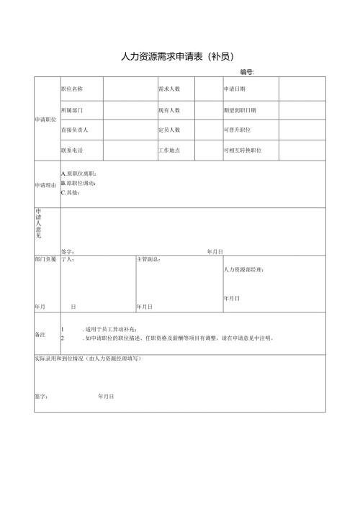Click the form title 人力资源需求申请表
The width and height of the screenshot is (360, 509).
(x=179, y=56)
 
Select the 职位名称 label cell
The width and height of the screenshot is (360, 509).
(x=72, y=89)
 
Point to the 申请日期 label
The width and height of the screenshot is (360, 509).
(x=235, y=89)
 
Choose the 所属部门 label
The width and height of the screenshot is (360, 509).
(x=72, y=110)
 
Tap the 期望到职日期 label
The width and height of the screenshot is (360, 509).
(x=240, y=110)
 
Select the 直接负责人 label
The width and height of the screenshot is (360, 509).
(x=75, y=130)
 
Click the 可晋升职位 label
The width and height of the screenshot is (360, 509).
(x=237, y=130)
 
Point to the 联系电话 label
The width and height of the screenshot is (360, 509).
(x=72, y=150)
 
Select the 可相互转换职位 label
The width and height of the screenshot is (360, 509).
(x=243, y=150)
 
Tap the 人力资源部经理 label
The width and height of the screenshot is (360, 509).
(x=244, y=269)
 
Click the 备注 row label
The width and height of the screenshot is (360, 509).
(x=40, y=334)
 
